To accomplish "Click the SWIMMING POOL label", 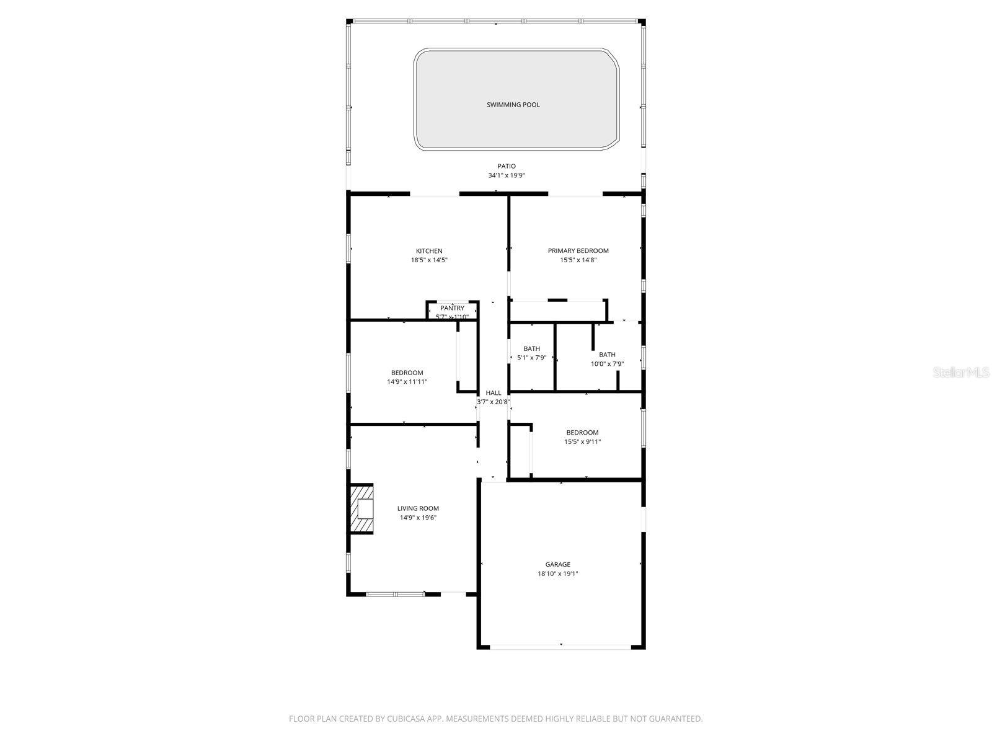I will (x=513, y=105).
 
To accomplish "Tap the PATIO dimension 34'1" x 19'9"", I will (x=506, y=175).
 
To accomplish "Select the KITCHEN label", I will (x=429, y=251).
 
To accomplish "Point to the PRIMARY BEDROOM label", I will (x=578, y=251).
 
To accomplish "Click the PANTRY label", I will (x=452, y=308).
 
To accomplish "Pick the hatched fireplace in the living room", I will (x=362, y=508).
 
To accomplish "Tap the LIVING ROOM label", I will (x=418, y=508).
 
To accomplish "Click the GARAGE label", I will (x=557, y=565).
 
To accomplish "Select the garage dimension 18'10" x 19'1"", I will (x=557, y=574).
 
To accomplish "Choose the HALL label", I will (x=494, y=392).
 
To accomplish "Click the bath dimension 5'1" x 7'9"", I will (x=531, y=358).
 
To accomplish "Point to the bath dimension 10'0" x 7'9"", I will (x=607, y=364).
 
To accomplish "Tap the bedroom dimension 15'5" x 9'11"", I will (x=582, y=442).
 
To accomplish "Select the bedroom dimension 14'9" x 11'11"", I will (x=407, y=382).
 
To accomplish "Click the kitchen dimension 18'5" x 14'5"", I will (x=429, y=260).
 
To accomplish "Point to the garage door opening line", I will (x=561, y=647).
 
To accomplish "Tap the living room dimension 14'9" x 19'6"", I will (x=418, y=518).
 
